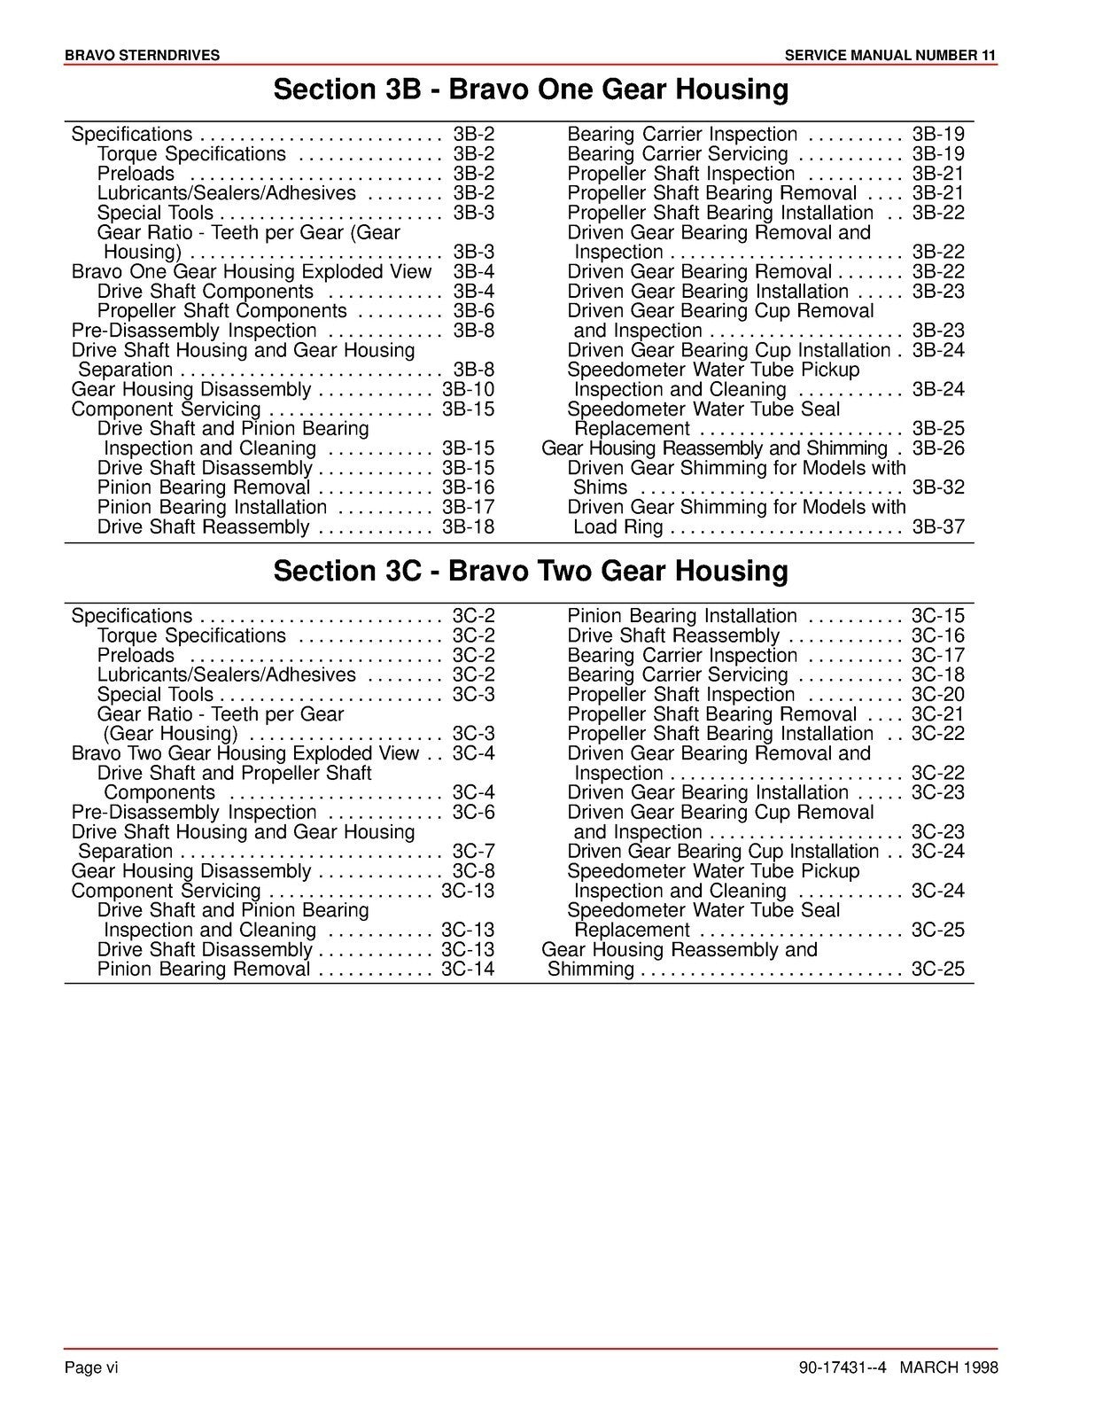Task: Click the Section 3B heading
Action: (x=531, y=90)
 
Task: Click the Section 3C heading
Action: (x=531, y=572)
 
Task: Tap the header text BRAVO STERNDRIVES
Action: (x=142, y=56)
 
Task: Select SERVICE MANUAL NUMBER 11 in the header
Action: (x=890, y=56)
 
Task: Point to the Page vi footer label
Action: (x=91, y=1367)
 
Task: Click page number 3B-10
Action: (x=468, y=390)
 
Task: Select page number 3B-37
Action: (x=938, y=527)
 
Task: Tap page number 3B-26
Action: (x=938, y=448)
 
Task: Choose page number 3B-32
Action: (x=938, y=487)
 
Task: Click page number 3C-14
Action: (x=468, y=970)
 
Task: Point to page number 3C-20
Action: (x=938, y=695)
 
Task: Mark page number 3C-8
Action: (x=473, y=871)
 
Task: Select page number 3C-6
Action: (x=473, y=813)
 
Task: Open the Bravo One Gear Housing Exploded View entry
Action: (x=252, y=272)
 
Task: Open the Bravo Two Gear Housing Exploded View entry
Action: (x=245, y=753)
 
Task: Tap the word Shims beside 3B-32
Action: (x=600, y=487)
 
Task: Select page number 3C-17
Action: (x=938, y=656)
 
